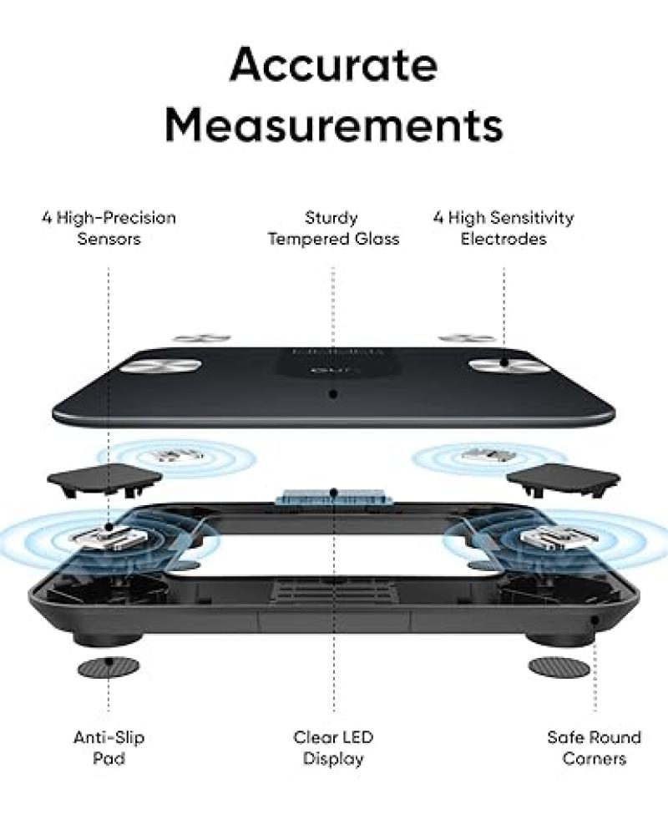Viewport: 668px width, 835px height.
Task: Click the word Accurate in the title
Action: point(333,65)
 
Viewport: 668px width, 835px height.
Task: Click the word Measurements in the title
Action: point(333,124)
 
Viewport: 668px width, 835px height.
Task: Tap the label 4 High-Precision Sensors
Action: point(109,228)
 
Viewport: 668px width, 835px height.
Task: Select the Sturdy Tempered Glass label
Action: point(333,228)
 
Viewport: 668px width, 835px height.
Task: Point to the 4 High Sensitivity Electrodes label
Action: point(504,228)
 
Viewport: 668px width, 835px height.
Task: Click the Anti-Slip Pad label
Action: point(109,748)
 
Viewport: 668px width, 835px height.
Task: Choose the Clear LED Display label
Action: point(333,748)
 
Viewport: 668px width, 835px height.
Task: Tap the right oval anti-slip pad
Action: point(559,667)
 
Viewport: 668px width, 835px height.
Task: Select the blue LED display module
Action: point(333,496)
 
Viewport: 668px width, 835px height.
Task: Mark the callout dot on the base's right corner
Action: point(594,620)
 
